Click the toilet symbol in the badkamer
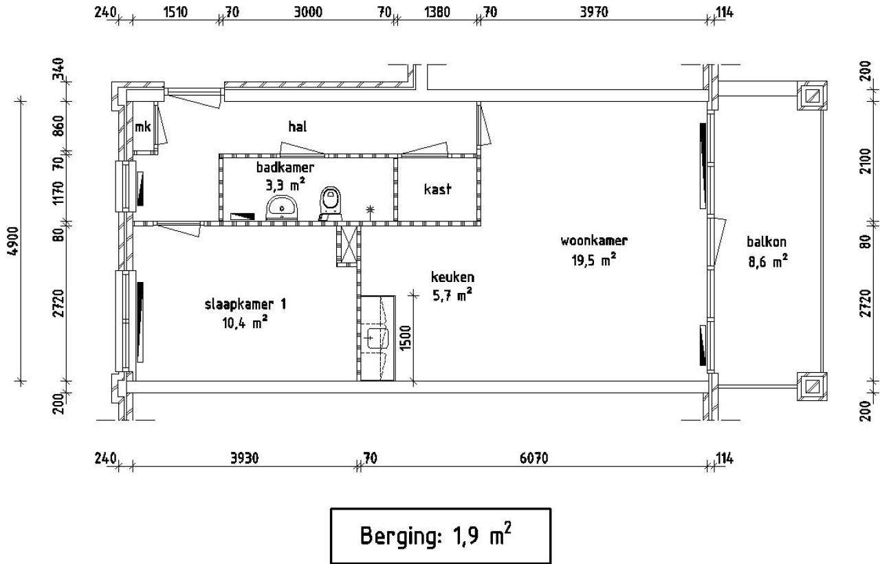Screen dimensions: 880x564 [x=331, y=204]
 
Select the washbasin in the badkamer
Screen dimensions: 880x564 [x=282, y=208]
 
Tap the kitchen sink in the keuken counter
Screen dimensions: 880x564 [x=377, y=338]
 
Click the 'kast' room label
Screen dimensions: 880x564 [x=437, y=189]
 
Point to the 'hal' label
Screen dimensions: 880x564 [x=298, y=127]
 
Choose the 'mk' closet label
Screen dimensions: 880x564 [x=142, y=127]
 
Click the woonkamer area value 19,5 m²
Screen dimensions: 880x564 [x=593, y=260]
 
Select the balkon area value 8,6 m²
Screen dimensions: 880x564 [x=768, y=261]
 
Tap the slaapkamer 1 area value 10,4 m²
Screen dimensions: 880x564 [x=245, y=323]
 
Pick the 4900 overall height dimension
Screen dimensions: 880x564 [x=13, y=241]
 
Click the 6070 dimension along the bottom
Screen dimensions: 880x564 [x=533, y=458]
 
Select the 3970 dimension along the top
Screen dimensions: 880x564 [x=594, y=12]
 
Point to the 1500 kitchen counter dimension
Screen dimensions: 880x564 [x=405, y=338]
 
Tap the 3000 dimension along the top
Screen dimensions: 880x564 [x=308, y=12]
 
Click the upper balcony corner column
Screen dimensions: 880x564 [x=812, y=96]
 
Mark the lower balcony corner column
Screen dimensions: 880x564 [x=812, y=387]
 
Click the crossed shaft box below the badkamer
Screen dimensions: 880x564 [x=348, y=245]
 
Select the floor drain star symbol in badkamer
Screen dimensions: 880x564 [x=370, y=209]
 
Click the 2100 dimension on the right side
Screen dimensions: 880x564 [x=866, y=161]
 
